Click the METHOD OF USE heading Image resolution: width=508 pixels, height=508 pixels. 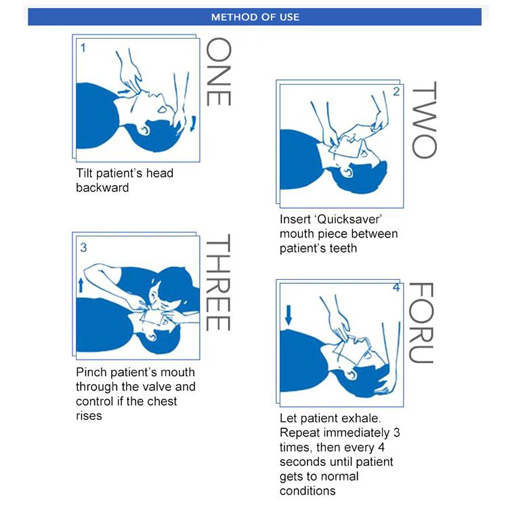pyautogui.click(x=255, y=17)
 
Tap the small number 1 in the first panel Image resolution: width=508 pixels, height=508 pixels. pyautogui.click(x=83, y=48)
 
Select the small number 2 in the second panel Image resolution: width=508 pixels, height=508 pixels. pyautogui.click(x=396, y=91)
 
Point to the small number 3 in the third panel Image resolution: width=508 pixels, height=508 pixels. pyautogui.click(x=83, y=247)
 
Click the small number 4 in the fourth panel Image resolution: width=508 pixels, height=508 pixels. pyautogui.click(x=396, y=288)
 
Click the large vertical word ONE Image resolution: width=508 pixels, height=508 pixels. pyautogui.click(x=218, y=72)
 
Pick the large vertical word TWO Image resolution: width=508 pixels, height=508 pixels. pyautogui.click(x=425, y=120)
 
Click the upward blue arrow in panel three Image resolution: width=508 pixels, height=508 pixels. pyautogui.click(x=81, y=284)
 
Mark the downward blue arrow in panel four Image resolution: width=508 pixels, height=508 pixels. pyautogui.click(x=289, y=314)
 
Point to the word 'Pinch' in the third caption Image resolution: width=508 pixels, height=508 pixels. pyautogui.click(x=91, y=372)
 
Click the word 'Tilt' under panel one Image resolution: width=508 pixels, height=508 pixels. pyautogui.click(x=85, y=173)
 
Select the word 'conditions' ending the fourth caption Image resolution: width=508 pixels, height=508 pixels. pyautogui.click(x=308, y=491)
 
